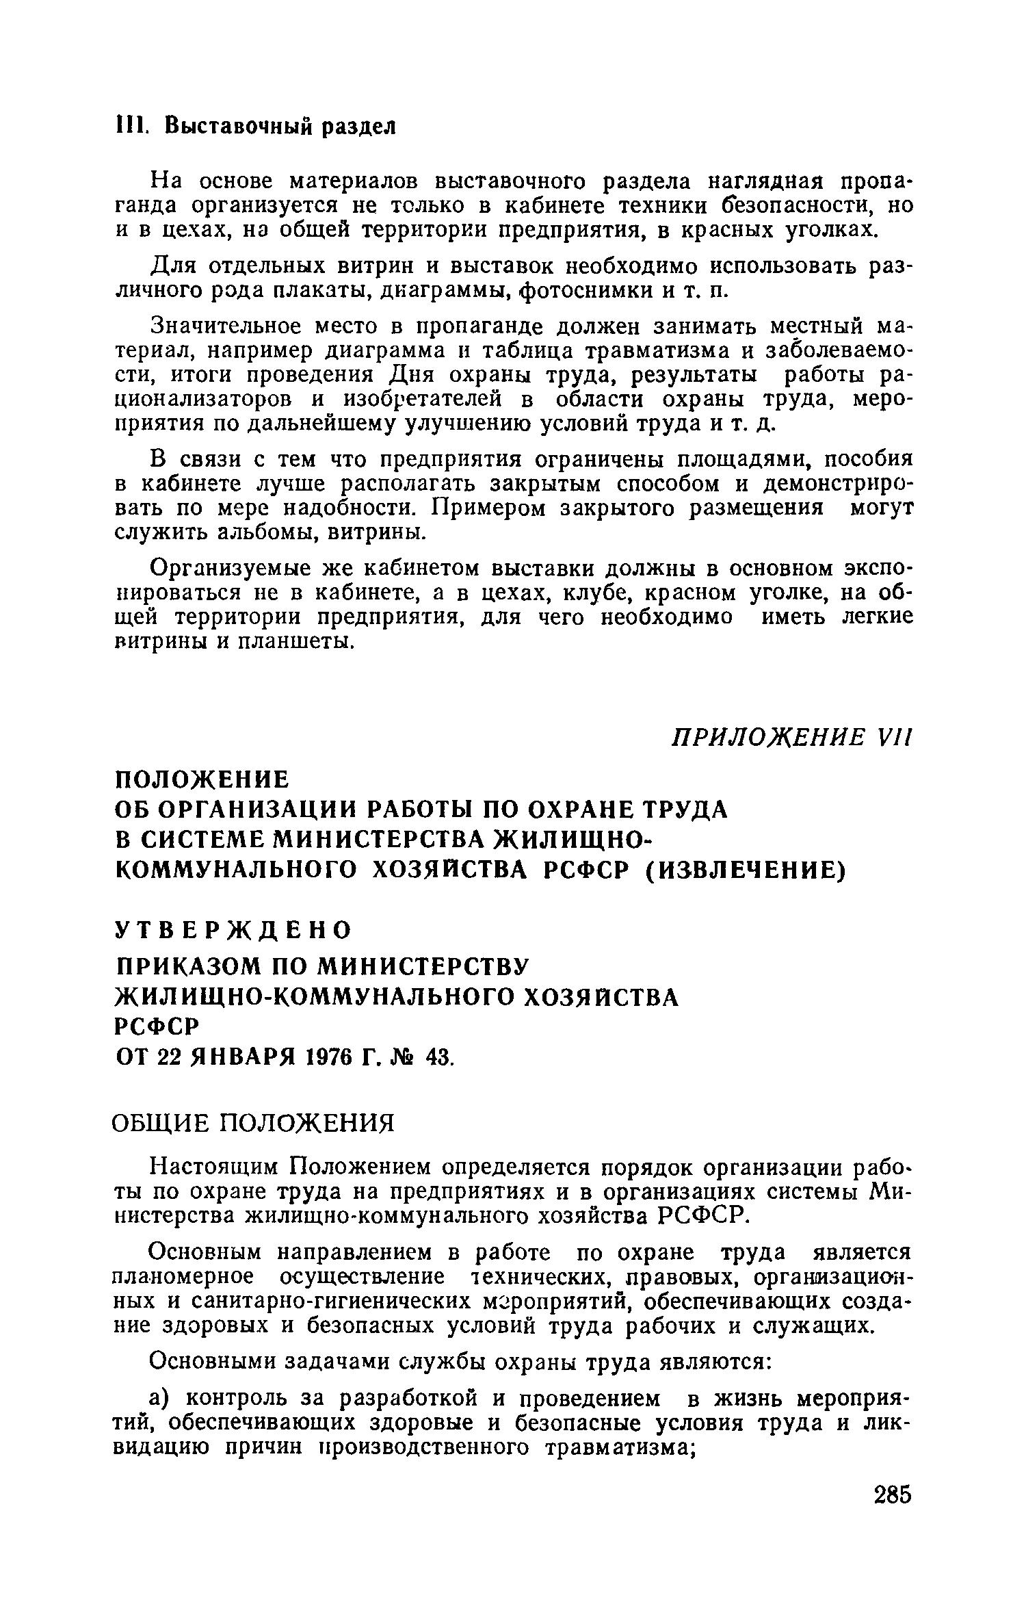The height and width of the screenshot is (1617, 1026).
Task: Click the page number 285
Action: [x=892, y=1513]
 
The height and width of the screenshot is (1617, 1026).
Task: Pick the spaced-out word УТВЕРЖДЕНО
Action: [x=233, y=930]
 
